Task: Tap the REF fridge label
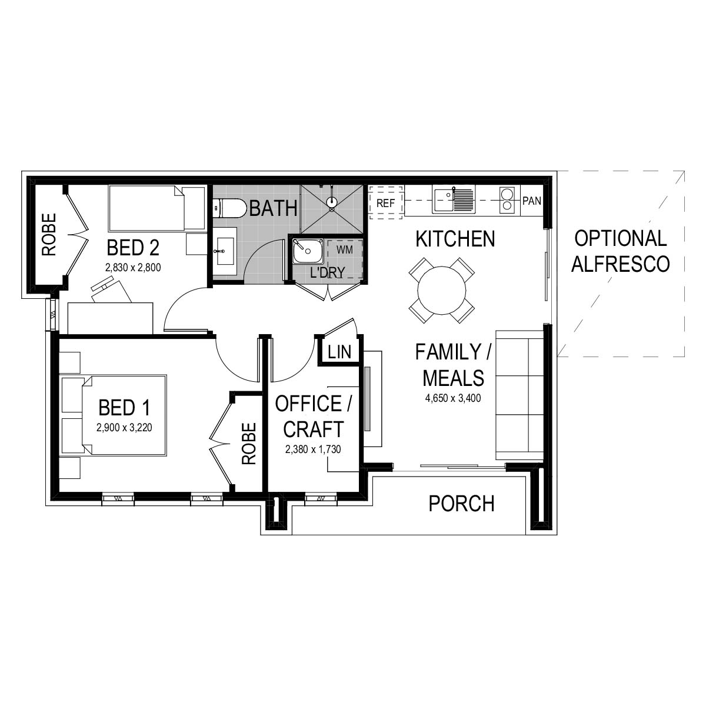point(385,203)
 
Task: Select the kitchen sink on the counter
point(454,199)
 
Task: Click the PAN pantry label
point(532,201)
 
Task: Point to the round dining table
point(441,291)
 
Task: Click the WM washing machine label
point(344,250)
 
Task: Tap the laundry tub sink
point(308,251)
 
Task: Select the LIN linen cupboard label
point(339,352)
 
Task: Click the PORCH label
point(461,504)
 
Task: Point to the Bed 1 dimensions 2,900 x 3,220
point(124,428)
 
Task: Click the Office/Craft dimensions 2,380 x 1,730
point(313,449)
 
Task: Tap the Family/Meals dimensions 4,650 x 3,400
point(453,398)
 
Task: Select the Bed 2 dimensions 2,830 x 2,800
point(133,268)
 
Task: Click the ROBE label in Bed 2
point(49,234)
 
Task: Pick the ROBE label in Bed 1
point(249,444)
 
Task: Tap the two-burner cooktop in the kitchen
point(507,199)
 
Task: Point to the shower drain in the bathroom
point(332,202)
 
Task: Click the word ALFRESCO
point(621,264)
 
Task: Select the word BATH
point(274,208)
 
